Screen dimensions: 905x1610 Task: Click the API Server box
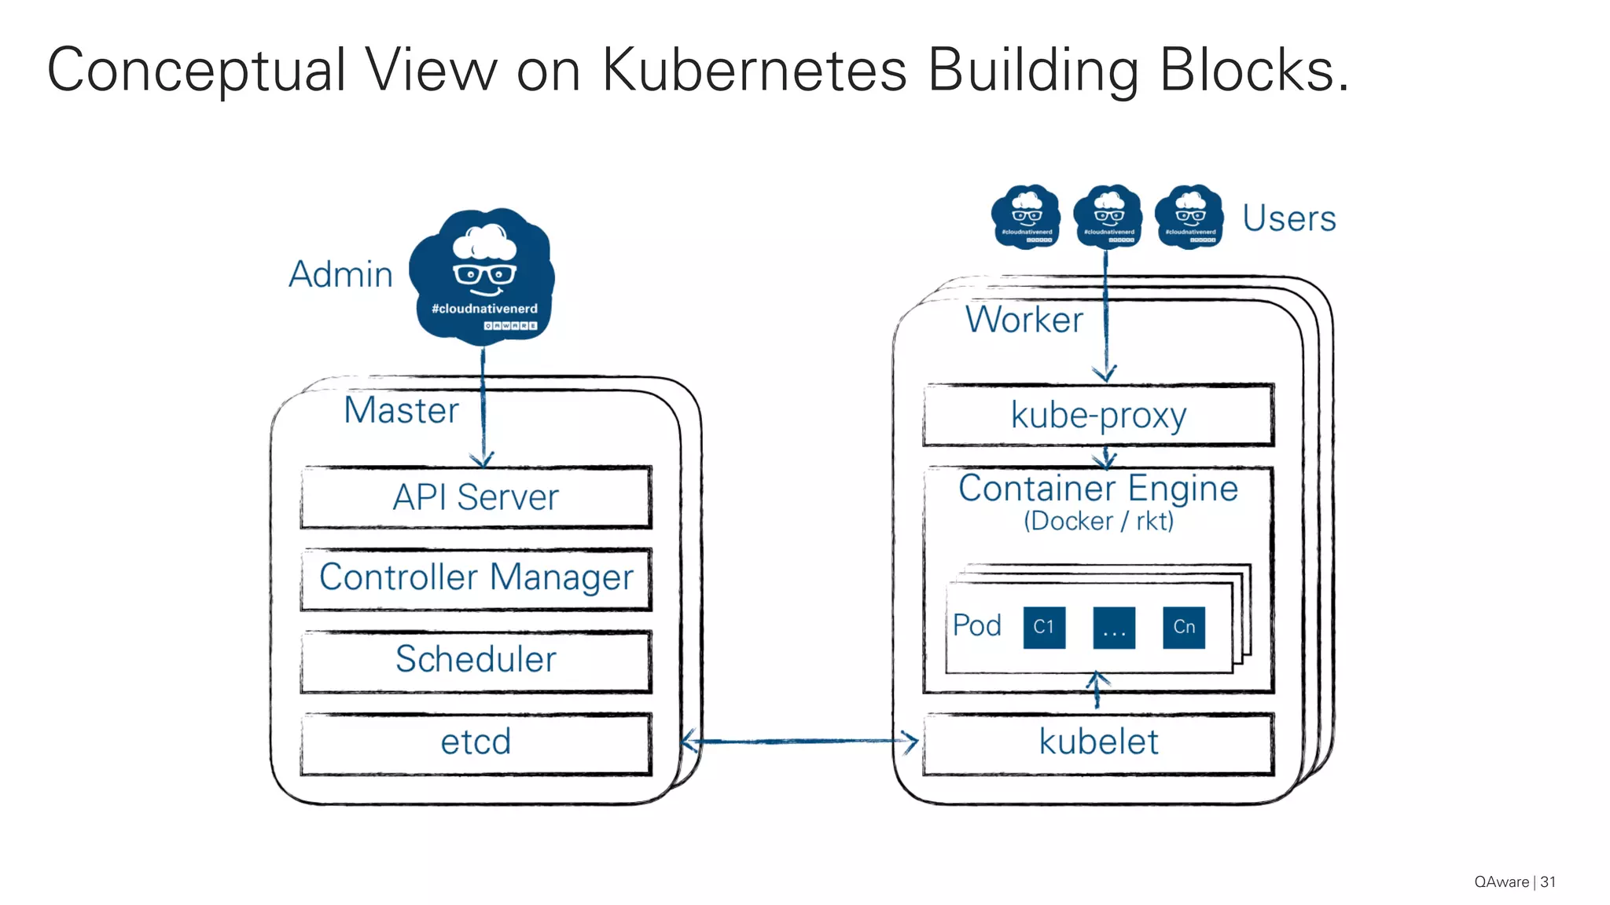476,497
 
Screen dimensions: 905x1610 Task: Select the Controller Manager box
476,579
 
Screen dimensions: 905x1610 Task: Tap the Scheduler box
476,661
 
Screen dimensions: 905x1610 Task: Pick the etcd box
476,742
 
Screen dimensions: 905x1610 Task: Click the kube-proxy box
1098,416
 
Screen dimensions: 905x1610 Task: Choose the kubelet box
1098,742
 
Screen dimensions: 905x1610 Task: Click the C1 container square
1044,627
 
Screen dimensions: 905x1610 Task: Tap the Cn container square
1184,627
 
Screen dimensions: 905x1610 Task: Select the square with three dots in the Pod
1114,627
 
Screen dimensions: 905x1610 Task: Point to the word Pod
977,626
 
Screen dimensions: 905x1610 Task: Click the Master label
401,411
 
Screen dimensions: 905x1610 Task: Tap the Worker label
1024,321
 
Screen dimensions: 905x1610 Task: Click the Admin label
340,275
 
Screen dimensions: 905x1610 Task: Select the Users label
1289,218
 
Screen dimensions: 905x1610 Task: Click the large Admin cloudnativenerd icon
483,277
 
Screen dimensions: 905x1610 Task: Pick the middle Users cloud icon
1108,216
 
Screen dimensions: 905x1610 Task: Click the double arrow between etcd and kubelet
799,741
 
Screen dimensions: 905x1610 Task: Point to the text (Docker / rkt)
1098,521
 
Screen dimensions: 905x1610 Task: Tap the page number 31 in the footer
1548,881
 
